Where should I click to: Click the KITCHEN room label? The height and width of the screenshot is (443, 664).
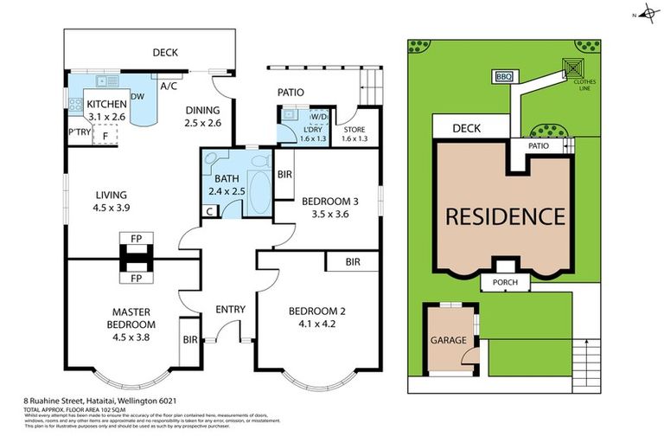click(x=106, y=104)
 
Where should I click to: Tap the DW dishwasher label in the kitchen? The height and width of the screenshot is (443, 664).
click(x=137, y=96)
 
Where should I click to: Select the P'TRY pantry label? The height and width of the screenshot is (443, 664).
click(x=80, y=132)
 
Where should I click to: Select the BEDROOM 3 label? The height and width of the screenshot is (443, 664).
click(x=329, y=208)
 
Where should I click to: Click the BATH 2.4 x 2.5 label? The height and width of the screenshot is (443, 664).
click(x=227, y=184)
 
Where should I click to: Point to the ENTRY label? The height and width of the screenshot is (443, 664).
click(x=231, y=309)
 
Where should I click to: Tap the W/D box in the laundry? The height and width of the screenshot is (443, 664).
click(x=317, y=116)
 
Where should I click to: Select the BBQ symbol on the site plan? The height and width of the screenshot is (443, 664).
click(x=504, y=77)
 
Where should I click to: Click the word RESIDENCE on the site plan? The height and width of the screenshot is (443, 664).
click(x=505, y=216)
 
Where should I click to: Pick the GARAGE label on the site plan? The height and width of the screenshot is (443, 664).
click(x=447, y=340)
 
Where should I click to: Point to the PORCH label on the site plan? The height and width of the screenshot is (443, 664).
click(x=505, y=282)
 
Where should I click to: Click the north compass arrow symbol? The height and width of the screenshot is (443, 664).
click(x=643, y=15)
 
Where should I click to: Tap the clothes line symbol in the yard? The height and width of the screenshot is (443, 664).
click(x=573, y=67)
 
